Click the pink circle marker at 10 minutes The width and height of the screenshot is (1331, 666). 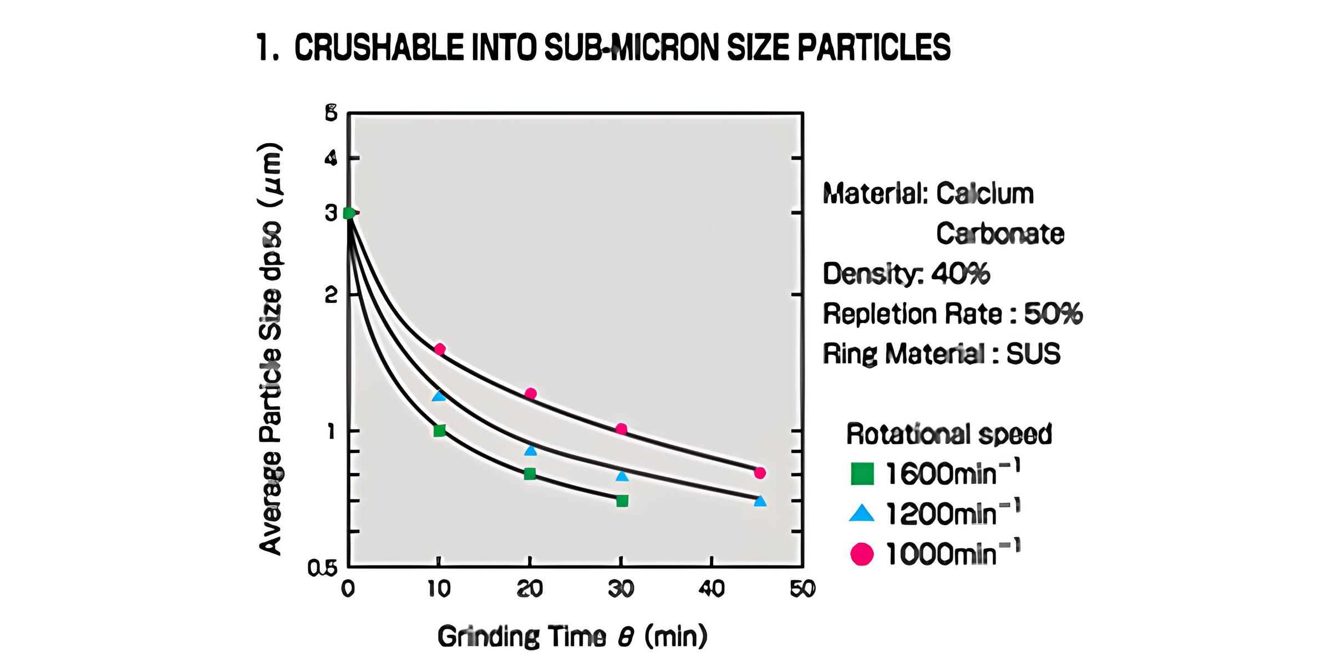(x=440, y=349)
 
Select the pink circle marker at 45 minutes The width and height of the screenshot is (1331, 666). (x=760, y=473)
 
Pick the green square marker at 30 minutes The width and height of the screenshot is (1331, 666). (x=622, y=501)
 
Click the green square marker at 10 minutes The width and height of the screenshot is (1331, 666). (x=440, y=431)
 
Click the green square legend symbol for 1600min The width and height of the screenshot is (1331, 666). (x=862, y=474)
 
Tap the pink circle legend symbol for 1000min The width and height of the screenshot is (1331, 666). (x=862, y=554)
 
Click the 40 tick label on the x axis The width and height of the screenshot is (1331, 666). (x=712, y=589)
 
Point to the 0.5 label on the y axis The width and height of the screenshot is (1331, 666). (x=322, y=568)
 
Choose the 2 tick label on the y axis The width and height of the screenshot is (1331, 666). (x=331, y=295)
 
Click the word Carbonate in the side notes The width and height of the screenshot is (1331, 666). (x=1000, y=234)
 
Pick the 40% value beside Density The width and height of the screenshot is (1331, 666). (x=961, y=274)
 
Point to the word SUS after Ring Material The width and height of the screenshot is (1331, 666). (x=1033, y=354)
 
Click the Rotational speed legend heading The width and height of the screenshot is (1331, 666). (x=949, y=434)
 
